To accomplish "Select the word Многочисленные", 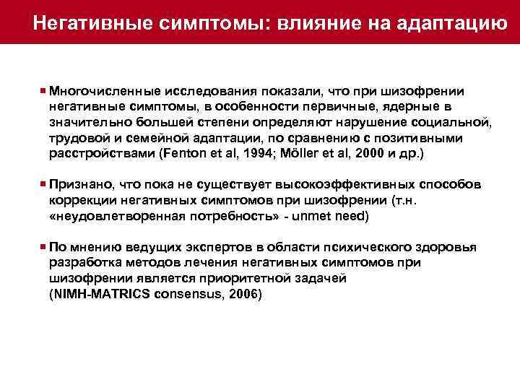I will (x=105, y=92).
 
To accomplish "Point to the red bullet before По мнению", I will (x=44, y=247).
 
